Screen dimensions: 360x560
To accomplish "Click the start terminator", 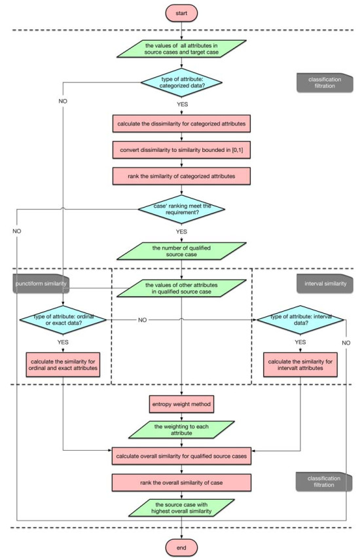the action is coord(181,13).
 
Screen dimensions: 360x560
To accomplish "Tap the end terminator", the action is coord(181,548).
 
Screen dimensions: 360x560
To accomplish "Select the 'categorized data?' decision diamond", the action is coord(181,83).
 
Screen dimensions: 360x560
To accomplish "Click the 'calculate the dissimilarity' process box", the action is coord(181,124).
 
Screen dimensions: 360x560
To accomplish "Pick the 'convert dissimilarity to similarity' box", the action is coord(181,150).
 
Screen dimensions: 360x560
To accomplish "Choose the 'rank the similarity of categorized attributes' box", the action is coord(181,176).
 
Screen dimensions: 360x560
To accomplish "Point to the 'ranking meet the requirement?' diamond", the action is coord(181,210).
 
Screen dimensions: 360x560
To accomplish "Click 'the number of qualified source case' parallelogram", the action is coord(181,251).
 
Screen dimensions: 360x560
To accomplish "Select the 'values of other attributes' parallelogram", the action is coord(181,288).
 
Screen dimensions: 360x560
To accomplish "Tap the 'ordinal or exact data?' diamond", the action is coord(63,320).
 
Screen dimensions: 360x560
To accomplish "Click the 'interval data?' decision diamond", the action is coord(300,320).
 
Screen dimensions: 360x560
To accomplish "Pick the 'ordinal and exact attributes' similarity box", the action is coord(63,365).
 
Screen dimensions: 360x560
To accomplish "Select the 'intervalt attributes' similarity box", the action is coord(300,365).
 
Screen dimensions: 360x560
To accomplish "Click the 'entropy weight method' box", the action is coord(181,404).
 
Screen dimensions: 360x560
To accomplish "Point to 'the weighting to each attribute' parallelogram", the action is coord(181,430).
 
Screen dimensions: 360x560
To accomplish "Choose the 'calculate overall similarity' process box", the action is coord(181,456).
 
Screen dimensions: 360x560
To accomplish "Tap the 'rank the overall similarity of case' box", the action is coord(181,483).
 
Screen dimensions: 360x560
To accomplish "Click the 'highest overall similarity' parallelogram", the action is coord(181,508).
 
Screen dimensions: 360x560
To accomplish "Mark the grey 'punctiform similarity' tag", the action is coord(41,284).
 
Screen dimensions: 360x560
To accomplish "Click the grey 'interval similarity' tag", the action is coord(325,284).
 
